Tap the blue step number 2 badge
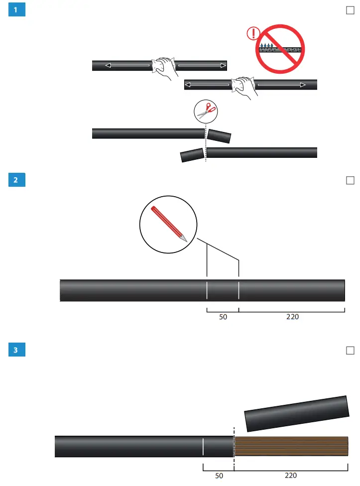point(17,180)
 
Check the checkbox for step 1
point(350,10)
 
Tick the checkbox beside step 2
point(350,180)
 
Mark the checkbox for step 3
point(350,351)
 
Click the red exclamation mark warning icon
point(253,34)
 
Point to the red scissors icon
point(206,112)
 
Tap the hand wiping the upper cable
point(164,69)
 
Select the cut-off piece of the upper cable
point(220,136)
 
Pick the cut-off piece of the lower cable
point(192,155)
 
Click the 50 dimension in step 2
point(223,317)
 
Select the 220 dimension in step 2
point(292,317)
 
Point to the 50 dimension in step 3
point(219,476)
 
